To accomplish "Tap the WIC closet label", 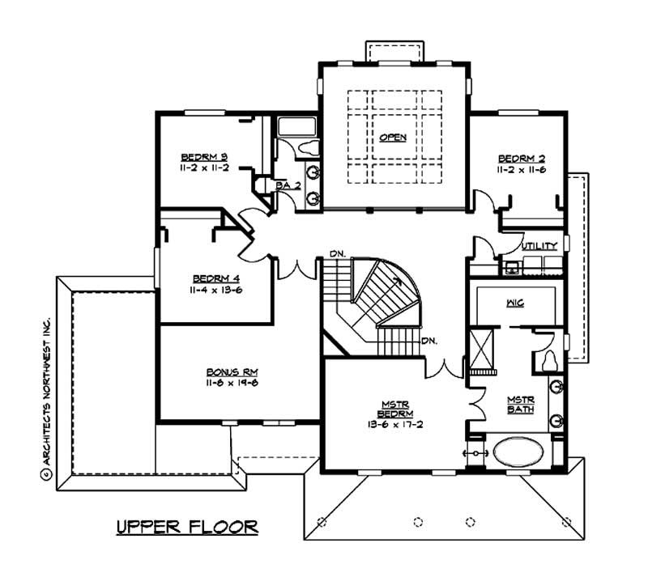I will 515,302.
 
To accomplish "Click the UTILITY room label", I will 539,245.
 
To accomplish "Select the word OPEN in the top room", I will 393,138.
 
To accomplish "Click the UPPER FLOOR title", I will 187,527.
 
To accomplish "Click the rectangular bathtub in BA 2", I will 296,126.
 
